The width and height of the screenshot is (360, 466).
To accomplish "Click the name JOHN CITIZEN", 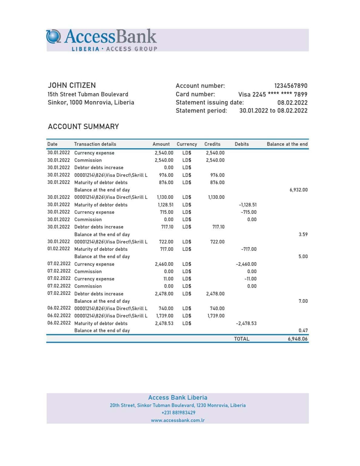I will tap(72, 85).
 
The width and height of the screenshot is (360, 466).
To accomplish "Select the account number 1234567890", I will tap(291, 86).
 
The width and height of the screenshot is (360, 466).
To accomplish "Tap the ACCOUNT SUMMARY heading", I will tap(83, 127).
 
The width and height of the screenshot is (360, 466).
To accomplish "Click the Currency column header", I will tap(187, 144).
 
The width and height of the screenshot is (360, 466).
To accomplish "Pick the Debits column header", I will tap(241, 144).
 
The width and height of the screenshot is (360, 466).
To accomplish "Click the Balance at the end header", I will tap(287, 144).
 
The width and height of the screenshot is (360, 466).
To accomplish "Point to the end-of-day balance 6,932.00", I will tap(298, 190).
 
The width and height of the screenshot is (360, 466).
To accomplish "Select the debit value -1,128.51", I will tap(247, 205).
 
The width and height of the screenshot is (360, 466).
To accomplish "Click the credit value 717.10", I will tap(218, 227).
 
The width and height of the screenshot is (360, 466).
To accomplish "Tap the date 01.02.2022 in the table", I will tap(59, 249).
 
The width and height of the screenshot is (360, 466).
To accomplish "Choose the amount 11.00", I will tap(168, 279).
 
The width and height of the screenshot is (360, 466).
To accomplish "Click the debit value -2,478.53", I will tap(246, 323).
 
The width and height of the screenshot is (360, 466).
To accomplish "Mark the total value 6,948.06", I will tap(298, 339).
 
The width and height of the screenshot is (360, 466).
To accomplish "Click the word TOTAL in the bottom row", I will tap(241, 339).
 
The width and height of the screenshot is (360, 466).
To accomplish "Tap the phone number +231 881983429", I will tap(178, 413).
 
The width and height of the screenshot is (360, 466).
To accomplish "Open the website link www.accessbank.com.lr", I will tap(178, 420).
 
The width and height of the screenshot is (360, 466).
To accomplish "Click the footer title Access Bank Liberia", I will tap(178, 397).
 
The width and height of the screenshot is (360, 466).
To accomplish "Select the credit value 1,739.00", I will tap(216, 316).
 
